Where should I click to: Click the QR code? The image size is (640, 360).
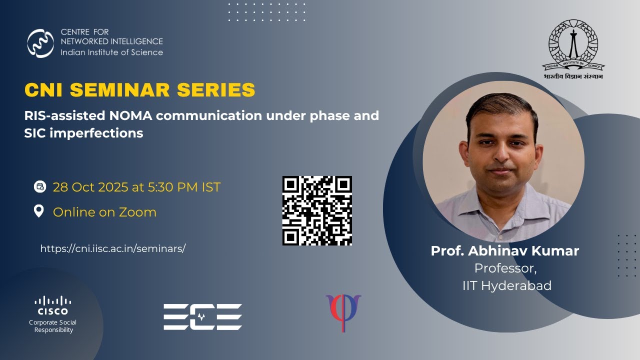coord(317,210)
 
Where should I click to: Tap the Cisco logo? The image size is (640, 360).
coord(53,305)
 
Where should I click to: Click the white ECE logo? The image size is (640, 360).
coord(202,317)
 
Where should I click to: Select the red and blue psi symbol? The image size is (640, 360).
coord(343,313)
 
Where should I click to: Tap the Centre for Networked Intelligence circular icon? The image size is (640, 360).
coord(40,43)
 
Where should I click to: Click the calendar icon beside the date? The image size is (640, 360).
coord(40,187)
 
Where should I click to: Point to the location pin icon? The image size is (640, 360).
coord(39,211)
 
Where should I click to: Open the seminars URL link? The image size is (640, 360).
coord(113,248)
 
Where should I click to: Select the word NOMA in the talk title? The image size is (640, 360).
coord(130,115)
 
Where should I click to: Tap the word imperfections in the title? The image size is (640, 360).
coord(96,133)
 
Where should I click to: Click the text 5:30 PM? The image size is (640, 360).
coord(172,187)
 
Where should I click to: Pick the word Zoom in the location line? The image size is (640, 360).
coord(137,212)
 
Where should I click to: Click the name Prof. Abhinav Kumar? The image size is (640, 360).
coord(505,250)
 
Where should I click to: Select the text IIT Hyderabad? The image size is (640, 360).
coord(507,285)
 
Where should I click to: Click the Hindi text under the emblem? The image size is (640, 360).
coord(573,76)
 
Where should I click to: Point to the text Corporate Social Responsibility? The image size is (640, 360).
coord(53,326)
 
